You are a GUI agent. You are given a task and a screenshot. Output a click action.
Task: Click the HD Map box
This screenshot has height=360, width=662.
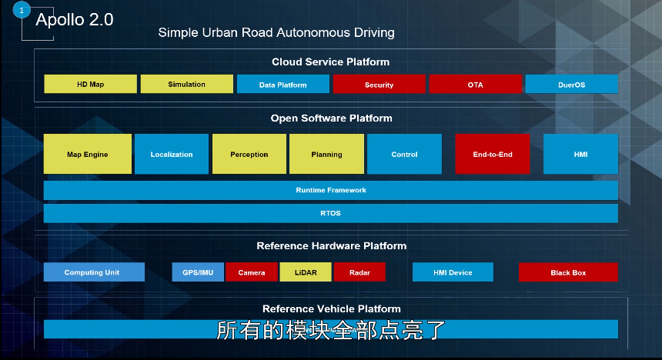coord(90,84)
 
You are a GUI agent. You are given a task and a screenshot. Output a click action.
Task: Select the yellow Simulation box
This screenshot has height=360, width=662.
coord(186,84)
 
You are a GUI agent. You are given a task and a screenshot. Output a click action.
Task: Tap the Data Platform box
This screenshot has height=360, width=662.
coord(283,85)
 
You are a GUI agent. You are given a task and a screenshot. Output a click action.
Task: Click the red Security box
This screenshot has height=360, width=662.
coord(379,85)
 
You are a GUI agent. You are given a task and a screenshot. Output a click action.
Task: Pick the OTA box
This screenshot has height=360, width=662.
coord(475,85)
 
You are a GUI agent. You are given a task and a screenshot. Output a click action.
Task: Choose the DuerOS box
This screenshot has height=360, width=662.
coord(571,85)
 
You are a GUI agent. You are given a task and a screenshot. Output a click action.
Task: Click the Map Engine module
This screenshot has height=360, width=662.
coord(87,154)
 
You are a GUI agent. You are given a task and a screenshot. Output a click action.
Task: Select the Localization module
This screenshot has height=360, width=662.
coord(172,154)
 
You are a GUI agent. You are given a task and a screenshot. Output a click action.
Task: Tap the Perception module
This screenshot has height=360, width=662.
coord(249,154)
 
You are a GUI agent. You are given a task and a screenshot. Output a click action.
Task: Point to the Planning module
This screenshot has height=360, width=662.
coord(326,154)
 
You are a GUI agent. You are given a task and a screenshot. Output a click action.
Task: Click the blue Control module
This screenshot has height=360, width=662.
coord(404,154)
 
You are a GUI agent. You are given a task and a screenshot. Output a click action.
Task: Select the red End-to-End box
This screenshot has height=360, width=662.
coord(493,154)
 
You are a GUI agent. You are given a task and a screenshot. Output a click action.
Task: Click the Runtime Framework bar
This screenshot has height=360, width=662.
coord(331,190)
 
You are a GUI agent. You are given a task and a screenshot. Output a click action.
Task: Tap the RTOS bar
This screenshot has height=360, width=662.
coord(331,213)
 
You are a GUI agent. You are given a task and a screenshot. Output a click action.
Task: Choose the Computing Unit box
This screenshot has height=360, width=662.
coord(94,272)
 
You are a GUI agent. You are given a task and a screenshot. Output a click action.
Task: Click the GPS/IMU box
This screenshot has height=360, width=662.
coord(198,272)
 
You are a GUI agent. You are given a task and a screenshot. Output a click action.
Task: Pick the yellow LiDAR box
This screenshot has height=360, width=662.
coord(306,272)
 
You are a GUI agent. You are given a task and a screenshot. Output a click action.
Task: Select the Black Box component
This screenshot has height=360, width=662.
coord(568,272)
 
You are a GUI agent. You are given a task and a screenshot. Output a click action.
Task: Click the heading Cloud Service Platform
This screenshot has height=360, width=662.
coord(330,62)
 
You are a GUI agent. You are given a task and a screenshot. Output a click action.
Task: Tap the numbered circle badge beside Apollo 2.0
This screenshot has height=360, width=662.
coord(22,10)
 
